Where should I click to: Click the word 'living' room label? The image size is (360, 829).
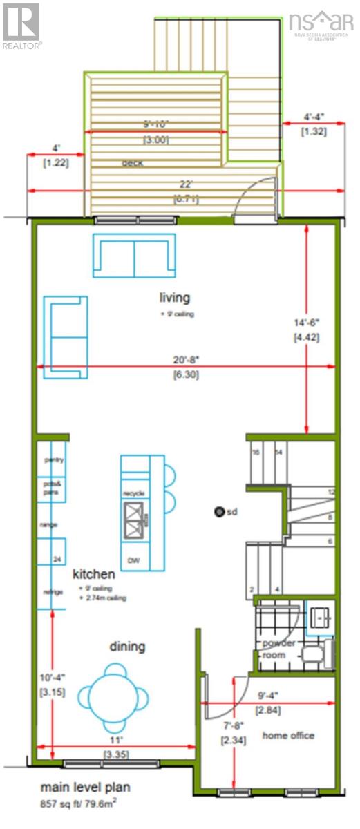(174, 298)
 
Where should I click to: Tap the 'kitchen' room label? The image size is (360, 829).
(94, 573)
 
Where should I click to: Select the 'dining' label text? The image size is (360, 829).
(127, 647)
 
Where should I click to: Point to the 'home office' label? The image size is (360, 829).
(288, 735)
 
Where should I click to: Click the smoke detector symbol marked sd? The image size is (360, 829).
(219, 512)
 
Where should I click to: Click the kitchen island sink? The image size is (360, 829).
(133, 520)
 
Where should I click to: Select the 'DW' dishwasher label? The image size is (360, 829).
(133, 560)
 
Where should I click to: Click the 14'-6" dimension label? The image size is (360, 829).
(304, 322)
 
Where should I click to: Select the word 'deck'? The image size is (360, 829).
(132, 163)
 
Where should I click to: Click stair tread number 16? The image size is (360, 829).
(255, 452)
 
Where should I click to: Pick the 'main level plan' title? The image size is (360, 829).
(85, 787)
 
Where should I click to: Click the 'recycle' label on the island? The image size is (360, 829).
(133, 493)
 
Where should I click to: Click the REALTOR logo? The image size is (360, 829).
(21, 25)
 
